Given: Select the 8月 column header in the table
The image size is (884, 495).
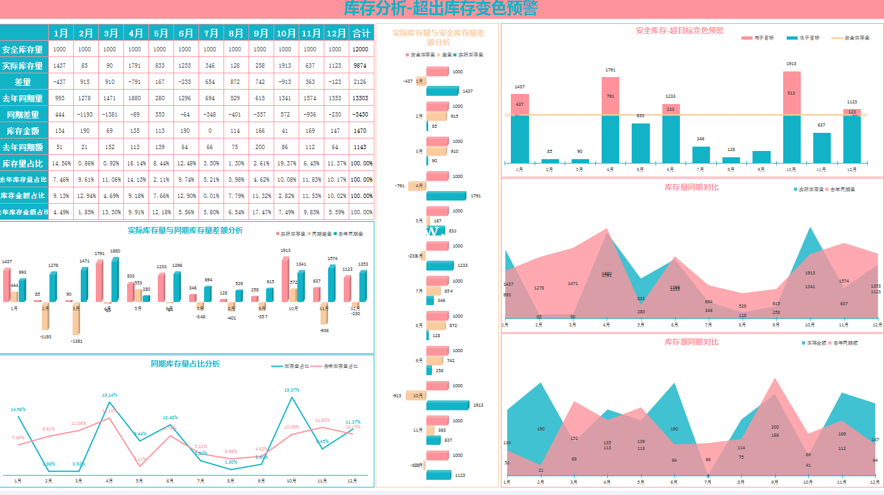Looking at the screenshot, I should click(x=235, y=33).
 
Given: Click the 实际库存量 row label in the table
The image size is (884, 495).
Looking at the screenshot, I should click(x=23, y=66).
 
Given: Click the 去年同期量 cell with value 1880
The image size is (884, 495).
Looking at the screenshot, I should click(x=135, y=98).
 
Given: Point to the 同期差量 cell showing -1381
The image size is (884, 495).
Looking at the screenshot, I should click(x=110, y=115).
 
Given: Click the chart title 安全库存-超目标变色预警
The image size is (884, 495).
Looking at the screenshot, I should click(x=679, y=31).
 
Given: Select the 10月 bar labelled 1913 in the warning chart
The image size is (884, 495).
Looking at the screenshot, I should click(x=792, y=116).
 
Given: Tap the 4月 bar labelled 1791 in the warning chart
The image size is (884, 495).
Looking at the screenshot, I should click(x=610, y=119).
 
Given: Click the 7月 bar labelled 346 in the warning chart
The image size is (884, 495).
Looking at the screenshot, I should click(x=701, y=155).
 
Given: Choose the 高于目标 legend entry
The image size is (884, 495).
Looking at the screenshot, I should click(x=758, y=38).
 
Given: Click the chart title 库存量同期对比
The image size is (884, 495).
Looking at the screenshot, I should click(x=691, y=187).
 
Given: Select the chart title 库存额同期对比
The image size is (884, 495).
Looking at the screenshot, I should click(x=691, y=342).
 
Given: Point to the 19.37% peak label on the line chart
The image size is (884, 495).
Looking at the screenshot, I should click(x=292, y=390).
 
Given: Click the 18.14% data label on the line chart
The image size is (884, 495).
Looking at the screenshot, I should click(x=110, y=395).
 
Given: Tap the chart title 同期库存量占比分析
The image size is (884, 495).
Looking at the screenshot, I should click(x=185, y=364).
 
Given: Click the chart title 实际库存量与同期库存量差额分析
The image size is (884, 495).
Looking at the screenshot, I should click(x=185, y=231).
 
